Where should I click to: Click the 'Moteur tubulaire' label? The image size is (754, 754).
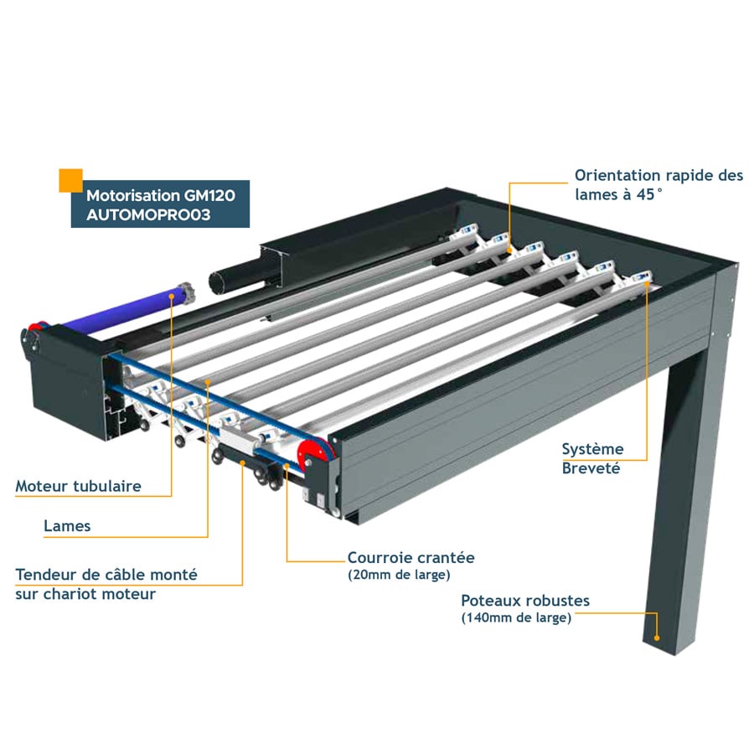coord(79,486)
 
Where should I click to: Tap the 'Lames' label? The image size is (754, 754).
coord(67,525)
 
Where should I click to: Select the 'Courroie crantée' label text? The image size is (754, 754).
coord(411,558)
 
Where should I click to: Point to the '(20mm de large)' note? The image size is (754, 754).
coord(399,575)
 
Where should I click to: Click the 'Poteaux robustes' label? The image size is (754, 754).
coord(525,601)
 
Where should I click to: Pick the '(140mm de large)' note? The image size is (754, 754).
coord(516,617)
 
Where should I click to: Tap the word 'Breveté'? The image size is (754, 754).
coord(591,468)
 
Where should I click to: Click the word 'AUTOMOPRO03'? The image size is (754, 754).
coord(148,214)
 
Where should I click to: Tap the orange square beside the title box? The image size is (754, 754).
coord(70,181)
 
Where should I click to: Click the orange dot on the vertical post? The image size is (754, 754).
coord(657,638)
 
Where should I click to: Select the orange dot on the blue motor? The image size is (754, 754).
coord(172,297)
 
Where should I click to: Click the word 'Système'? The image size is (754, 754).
coord(593,449)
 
